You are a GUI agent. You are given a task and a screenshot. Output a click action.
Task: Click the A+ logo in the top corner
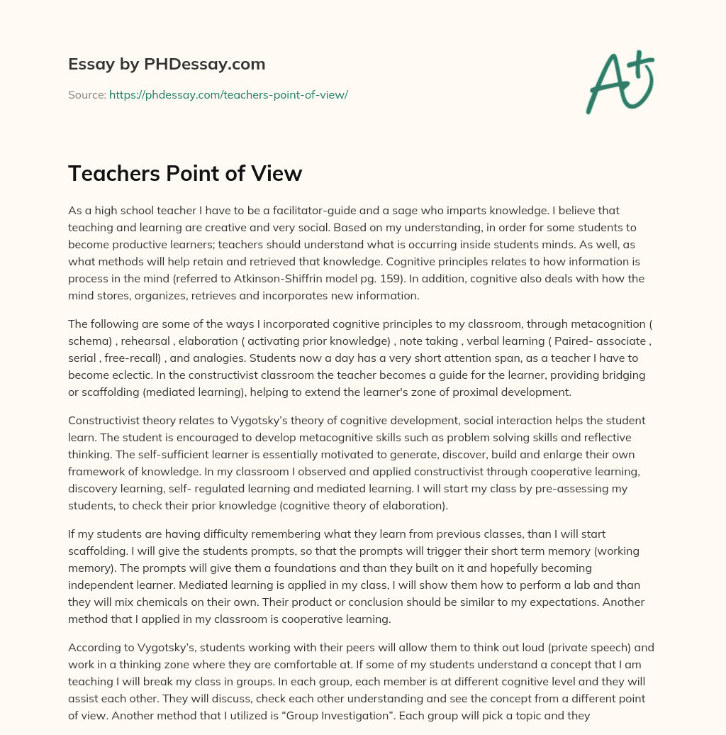620,82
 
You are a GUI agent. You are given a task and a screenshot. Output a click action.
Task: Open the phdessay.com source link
228,94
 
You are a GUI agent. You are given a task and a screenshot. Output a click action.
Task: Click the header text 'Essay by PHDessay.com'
167,65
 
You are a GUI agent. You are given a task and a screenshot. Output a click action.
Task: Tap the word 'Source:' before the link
87,94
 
